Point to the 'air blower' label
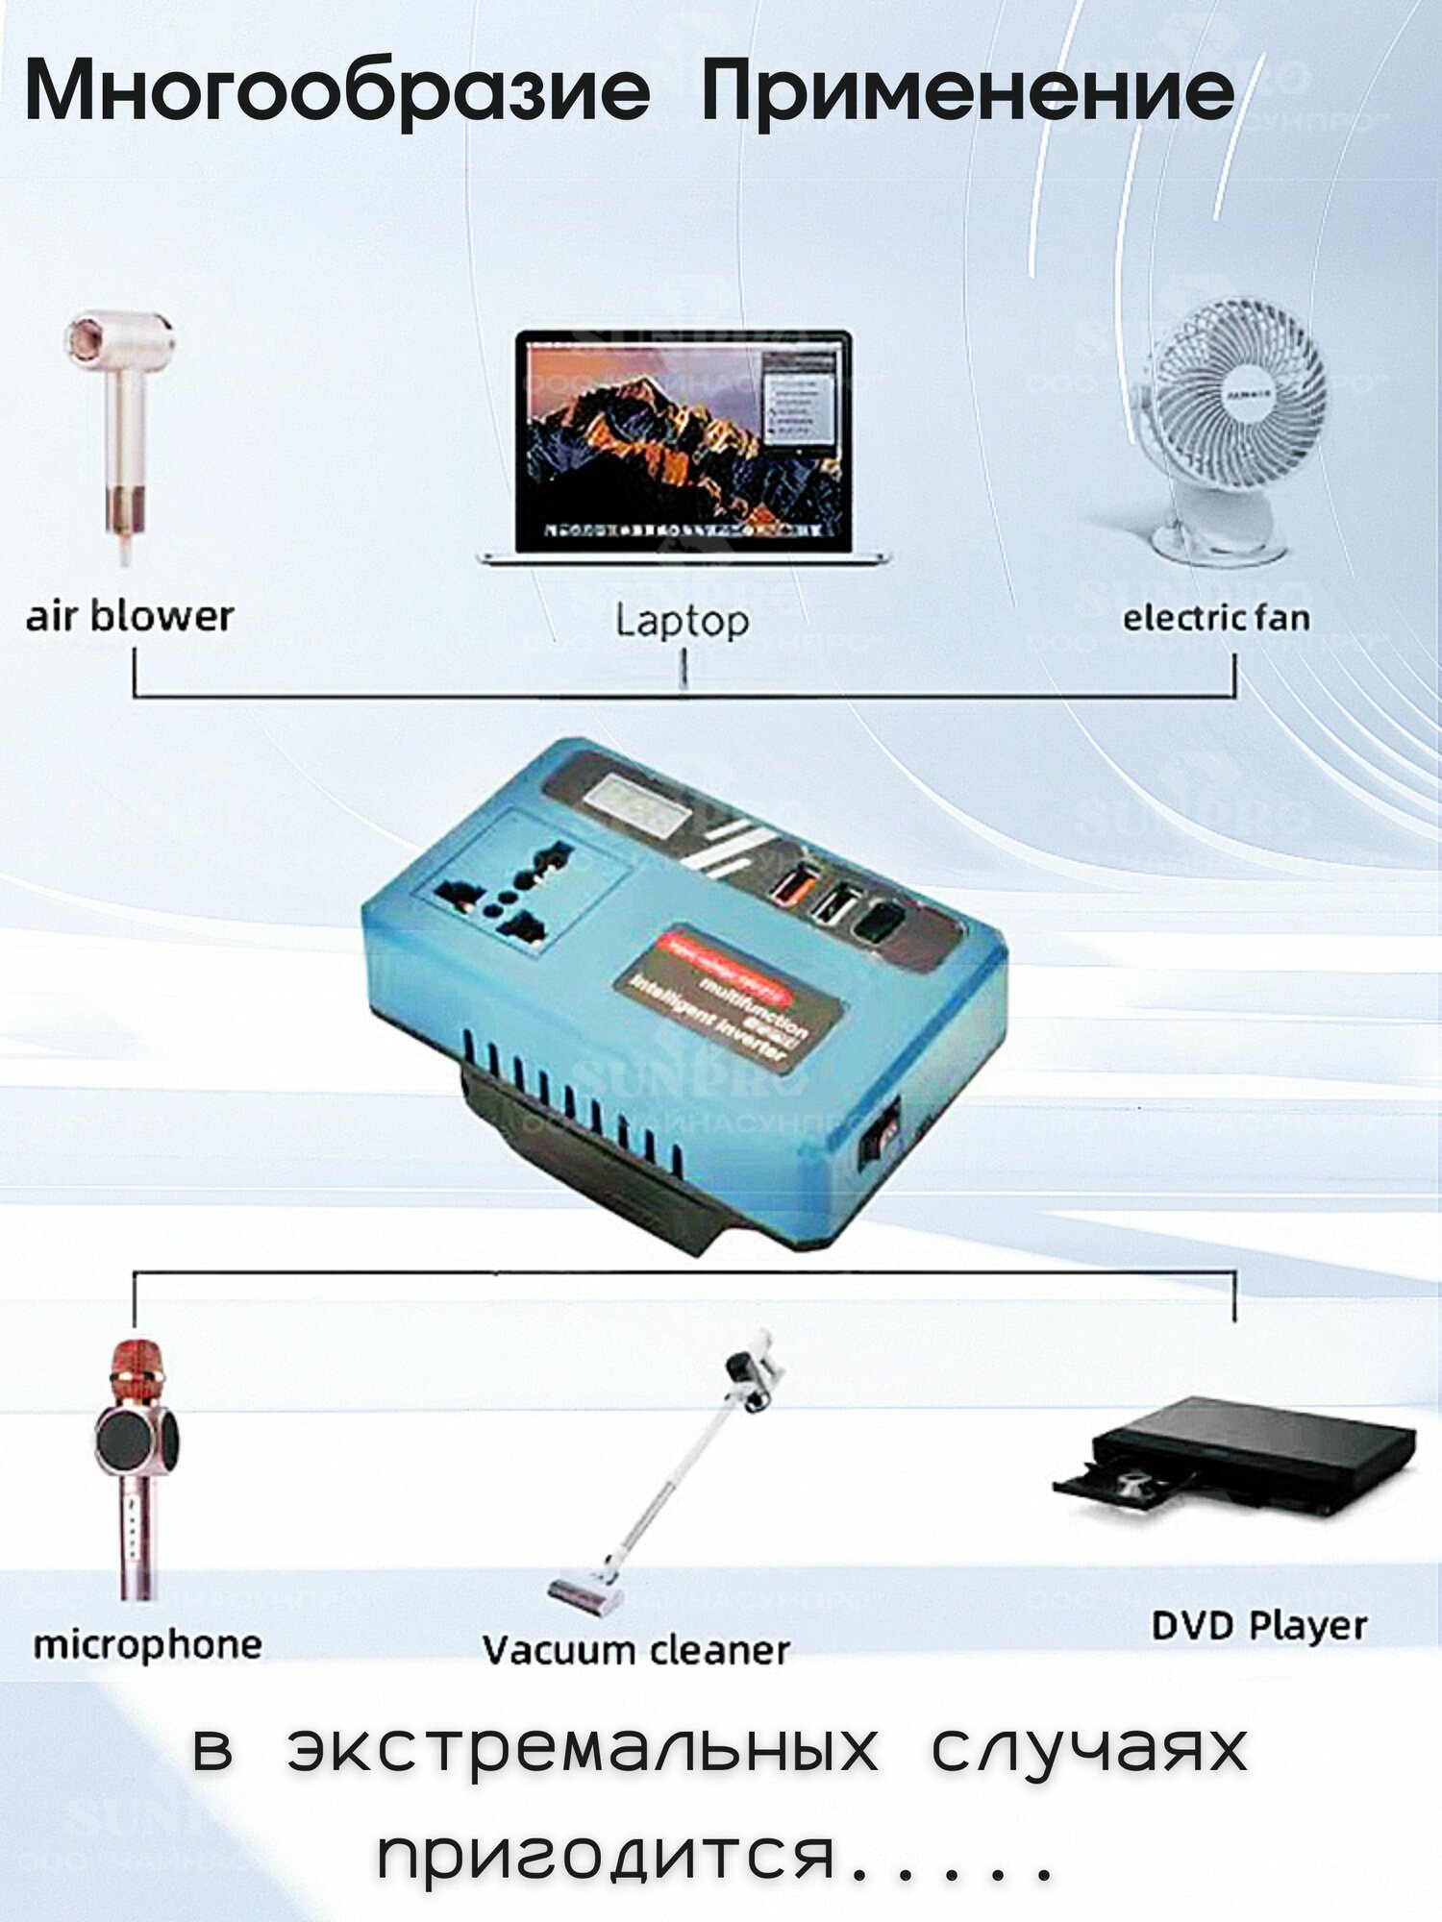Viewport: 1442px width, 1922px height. click(130, 616)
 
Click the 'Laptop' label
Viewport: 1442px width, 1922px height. click(682, 620)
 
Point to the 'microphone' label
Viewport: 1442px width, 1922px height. click(147, 1644)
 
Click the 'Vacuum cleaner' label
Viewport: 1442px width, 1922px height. click(635, 1650)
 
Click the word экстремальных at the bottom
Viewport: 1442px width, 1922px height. click(583, 1748)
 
